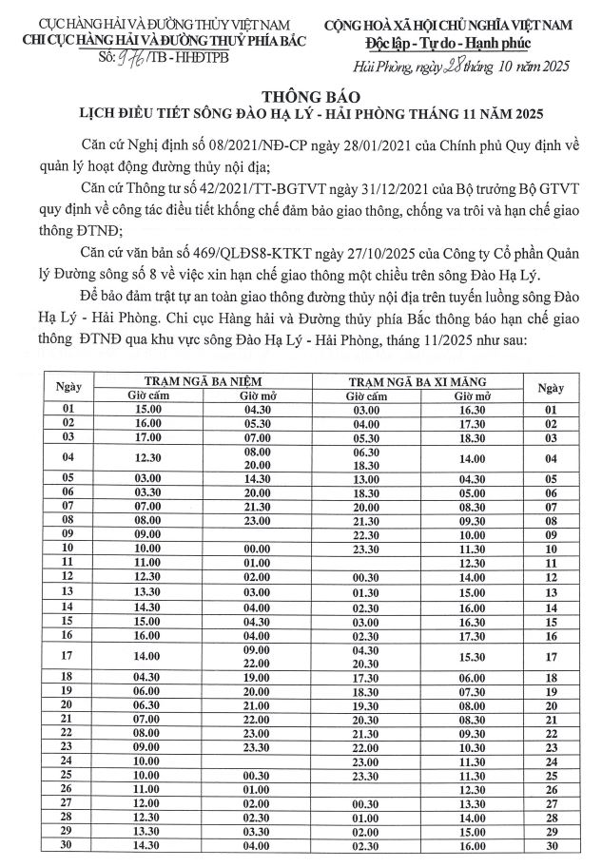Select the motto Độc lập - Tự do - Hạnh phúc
[x=448, y=44]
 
